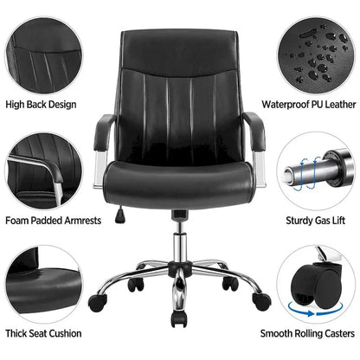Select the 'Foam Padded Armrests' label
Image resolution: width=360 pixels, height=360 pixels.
(53, 221)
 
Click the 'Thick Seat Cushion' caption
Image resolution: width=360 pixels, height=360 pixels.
(44, 333)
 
